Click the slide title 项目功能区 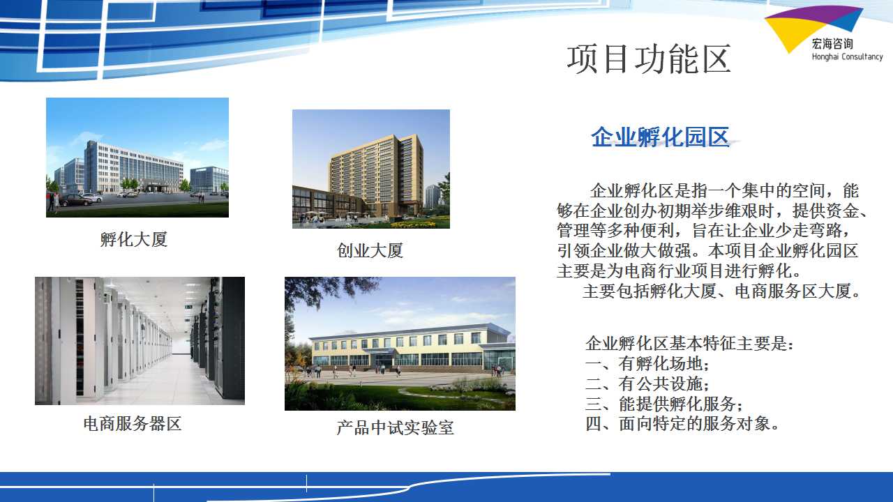click(x=649, y=59)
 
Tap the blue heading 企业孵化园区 click(x=660, y=137)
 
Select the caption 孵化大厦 click(x=134, y=239)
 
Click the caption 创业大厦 click(x=370, y=250)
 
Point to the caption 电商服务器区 click(x=133, y=424)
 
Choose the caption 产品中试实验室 click(x=395, y=428)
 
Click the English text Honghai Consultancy click(x=847, y=56)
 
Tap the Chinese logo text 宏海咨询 click(x=832, y=44)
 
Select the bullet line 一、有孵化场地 click(x=647, y=363)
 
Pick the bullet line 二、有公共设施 click(x=647, y=383)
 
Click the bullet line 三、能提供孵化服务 click(x=663, y=404)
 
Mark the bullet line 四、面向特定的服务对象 click(x=682, y=423)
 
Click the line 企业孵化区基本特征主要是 click(x=689, y=344)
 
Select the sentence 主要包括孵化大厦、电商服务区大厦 click(x=721, y=291)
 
